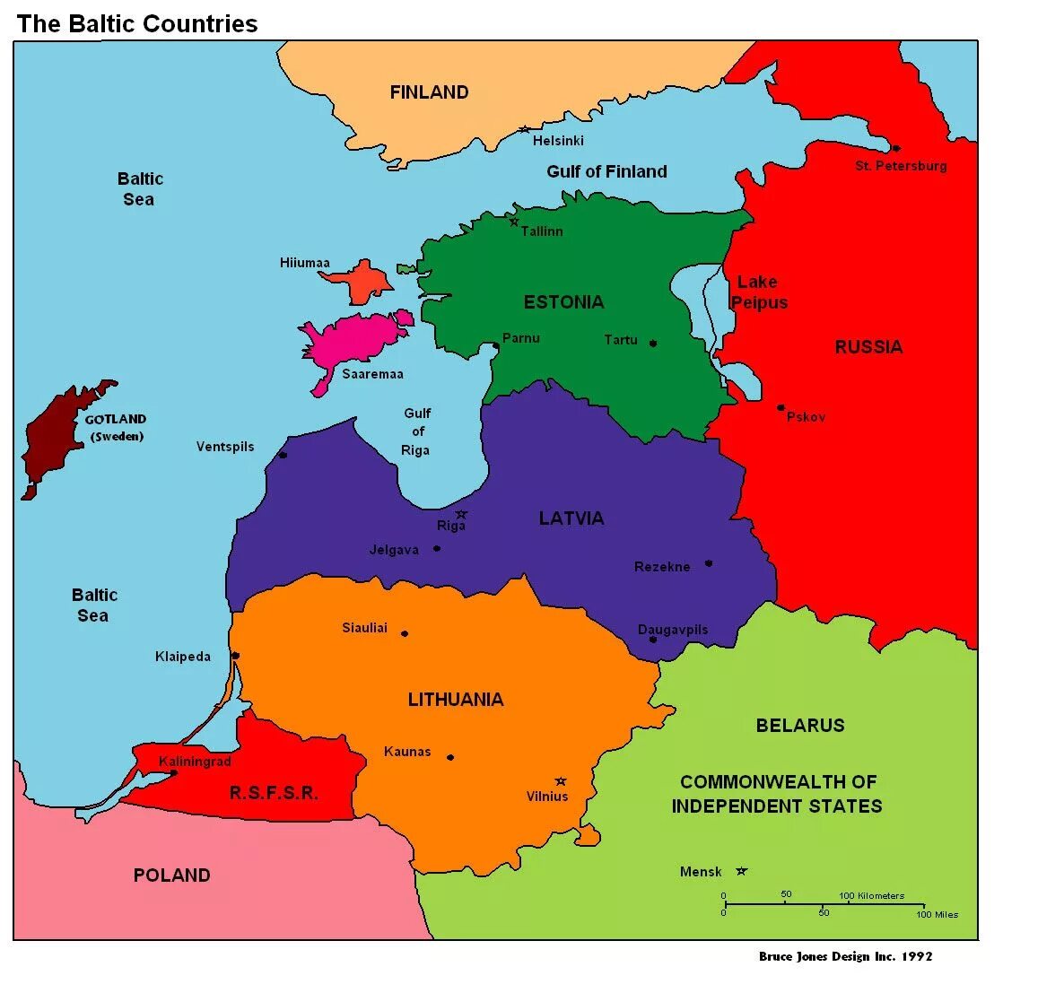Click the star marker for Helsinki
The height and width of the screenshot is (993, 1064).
(524, 129)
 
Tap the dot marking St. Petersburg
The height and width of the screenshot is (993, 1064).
(895, 148)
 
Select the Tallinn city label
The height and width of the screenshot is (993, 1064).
(542, 231)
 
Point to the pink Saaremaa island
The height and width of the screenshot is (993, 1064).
(354, 337)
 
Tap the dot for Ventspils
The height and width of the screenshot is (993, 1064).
(283, 455)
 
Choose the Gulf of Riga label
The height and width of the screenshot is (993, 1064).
(416, 431)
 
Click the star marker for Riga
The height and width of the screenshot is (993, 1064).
(461, 515)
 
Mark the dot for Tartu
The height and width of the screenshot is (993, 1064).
(653, 344)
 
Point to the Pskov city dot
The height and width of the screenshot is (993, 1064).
(781, 407)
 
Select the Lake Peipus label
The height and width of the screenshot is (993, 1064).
(759, 292)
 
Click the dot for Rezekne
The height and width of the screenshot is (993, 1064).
(709, 563)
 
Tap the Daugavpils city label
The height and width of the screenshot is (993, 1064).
(673, 630)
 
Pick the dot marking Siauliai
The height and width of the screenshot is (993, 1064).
(405, 633)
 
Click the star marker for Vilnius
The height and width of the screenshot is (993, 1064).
(561, 781)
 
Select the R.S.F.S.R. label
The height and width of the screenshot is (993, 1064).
(274, 793)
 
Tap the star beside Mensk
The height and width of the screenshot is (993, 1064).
(741, 871)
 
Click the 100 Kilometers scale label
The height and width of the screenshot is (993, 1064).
(872, 895)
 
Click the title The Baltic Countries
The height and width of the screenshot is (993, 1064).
(137, 24)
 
